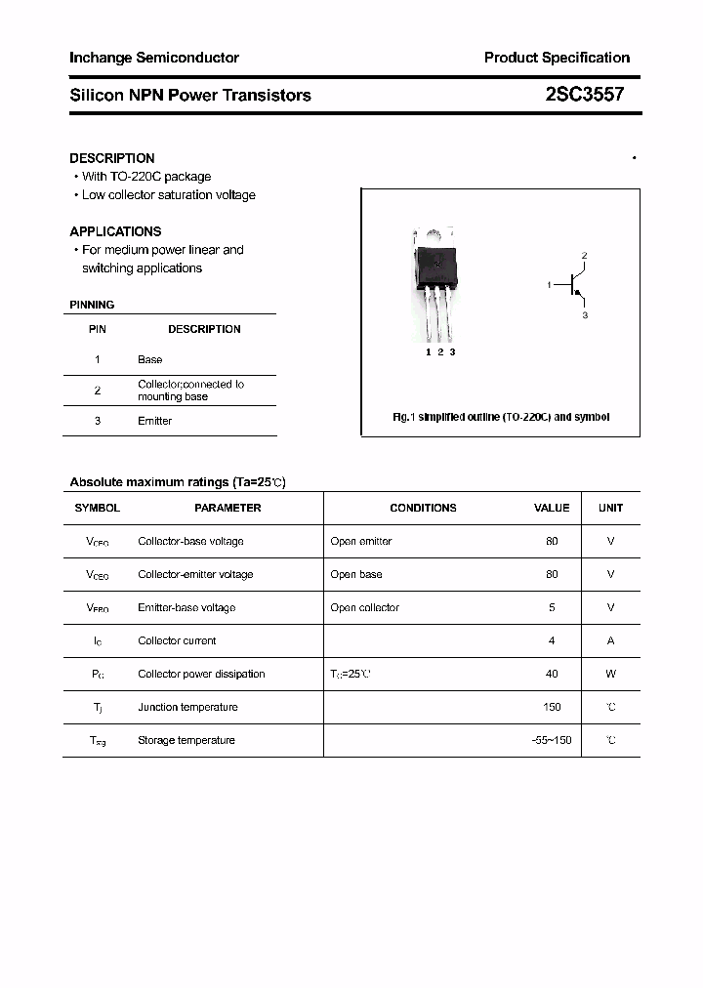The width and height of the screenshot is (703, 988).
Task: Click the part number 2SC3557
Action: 584,95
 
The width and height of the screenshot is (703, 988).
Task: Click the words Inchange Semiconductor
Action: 154,58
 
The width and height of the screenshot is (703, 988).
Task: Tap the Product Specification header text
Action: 557,58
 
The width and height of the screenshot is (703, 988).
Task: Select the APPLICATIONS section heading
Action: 115,231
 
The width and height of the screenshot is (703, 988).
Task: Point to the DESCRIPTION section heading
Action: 112,158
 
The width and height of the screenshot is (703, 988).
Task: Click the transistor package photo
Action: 434,278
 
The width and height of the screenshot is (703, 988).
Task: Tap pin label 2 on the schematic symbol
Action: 584,257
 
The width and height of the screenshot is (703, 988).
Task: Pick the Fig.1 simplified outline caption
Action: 501,417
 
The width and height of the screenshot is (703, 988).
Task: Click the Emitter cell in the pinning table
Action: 154,421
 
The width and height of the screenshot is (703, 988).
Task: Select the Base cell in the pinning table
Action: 149,359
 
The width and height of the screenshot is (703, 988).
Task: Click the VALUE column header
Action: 552,508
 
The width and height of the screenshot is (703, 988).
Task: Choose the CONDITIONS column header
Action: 423,508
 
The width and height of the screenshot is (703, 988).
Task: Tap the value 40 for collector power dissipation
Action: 553,674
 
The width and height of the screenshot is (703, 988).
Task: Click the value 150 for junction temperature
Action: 553,707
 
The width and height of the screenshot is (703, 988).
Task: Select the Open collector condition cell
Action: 364,607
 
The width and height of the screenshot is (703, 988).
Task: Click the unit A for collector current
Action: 610,640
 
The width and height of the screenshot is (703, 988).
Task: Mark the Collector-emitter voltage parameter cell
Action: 195,574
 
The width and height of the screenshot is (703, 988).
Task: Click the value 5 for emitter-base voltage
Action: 552,607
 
